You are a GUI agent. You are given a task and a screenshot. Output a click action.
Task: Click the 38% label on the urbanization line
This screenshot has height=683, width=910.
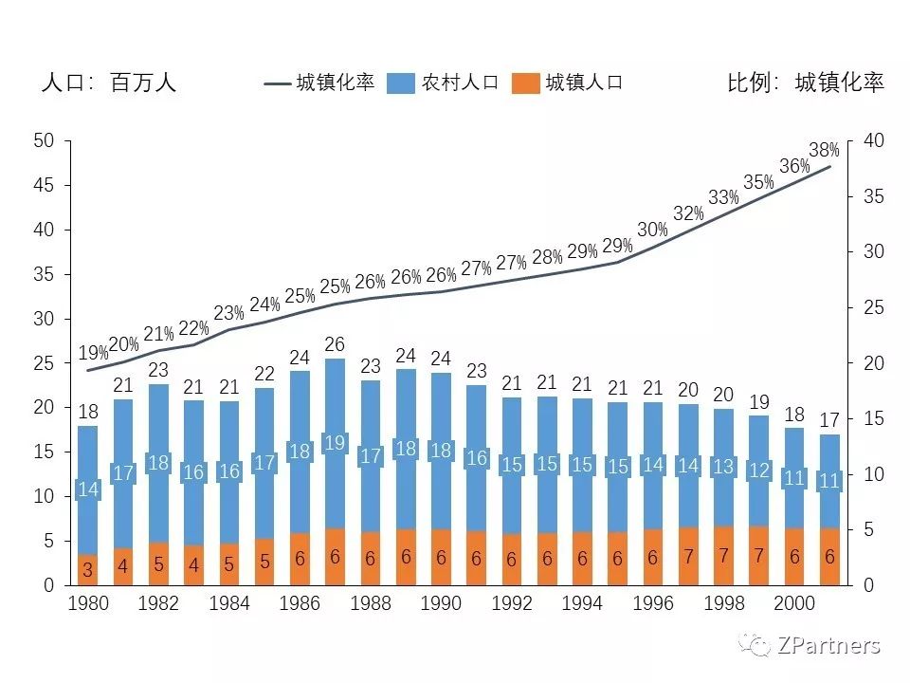click(824, 150)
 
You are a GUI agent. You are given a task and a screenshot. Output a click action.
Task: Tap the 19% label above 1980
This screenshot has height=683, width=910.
click(93, 353)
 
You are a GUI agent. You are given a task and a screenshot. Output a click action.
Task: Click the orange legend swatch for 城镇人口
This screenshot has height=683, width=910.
click(524, 83)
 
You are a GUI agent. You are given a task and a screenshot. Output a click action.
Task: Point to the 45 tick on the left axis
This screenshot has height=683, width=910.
click(44, 185)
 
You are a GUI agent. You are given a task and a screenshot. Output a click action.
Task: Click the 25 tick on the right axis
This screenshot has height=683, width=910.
click(873, 307)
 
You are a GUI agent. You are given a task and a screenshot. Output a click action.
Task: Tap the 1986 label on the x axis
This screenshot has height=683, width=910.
click(299, 604)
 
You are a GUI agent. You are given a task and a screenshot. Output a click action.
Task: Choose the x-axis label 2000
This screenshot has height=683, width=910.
click(794, 604)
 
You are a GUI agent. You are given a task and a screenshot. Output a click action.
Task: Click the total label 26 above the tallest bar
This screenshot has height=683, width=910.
click(335, 344)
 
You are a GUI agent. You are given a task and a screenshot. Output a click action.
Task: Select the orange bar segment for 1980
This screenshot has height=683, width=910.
click(87, 569)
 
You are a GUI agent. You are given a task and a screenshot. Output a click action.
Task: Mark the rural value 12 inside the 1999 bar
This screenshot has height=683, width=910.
click(758, 471)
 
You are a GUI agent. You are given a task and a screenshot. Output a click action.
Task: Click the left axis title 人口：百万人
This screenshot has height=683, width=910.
click(109, 83)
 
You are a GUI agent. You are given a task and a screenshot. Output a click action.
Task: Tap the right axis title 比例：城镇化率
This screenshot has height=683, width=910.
click(806, 83)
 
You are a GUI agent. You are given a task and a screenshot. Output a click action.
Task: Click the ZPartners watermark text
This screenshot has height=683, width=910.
click(828, 646)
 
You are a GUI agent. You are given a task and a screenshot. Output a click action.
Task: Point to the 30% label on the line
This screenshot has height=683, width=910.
click(652, 230)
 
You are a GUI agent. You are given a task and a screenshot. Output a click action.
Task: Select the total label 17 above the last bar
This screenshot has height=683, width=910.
click(829, 419)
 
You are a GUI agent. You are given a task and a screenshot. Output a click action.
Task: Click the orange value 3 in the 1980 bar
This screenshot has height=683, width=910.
click(87, 570)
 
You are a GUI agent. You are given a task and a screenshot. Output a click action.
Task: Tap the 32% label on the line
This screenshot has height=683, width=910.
click(688, 214)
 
